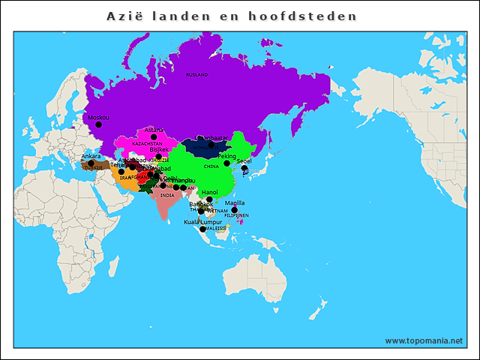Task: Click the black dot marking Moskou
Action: click(98, 125)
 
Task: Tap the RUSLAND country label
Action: click(196, 75)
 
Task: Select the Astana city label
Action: click(154, 130)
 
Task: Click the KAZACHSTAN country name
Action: click(147, 143)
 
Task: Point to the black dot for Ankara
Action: click(91, 163)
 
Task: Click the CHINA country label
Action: click(211, 165)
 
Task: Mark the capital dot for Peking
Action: click(227, 163)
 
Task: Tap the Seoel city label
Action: click(244, 160)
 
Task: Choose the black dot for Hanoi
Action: click(210, 199)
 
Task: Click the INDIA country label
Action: click(166, 195)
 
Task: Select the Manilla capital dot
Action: click(234, 210)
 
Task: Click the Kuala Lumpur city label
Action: click(202, 222)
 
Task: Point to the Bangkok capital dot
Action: click(201, 211)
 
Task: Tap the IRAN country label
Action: click(125, 178)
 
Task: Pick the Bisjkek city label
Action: click(159, 149)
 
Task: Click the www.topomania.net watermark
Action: click(423, 340)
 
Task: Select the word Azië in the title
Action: click(124, 16)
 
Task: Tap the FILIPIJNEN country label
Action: click(236, 216)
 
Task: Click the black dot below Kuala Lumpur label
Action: click(202, 229)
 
